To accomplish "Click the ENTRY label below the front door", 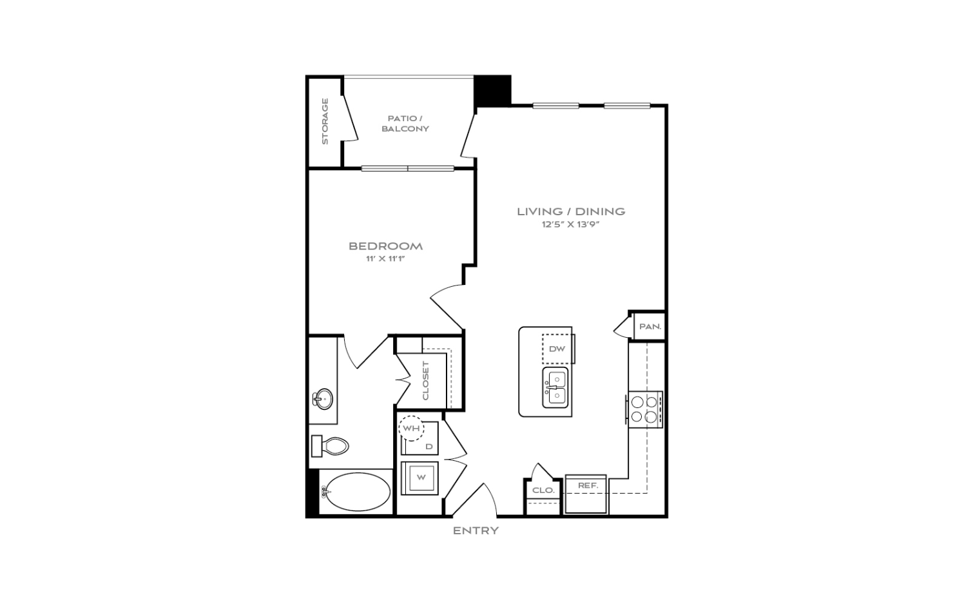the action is [x=476, y=530].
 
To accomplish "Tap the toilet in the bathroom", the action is [x=330, y=446].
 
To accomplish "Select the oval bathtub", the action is [x=358, y=492].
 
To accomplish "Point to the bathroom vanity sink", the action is [x=322, y=398].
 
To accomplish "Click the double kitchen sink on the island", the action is [x=555, y=387].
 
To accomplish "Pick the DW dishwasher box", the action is [x=557, y=349].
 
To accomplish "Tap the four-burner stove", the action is [x=644, y=409].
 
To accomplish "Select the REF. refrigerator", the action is [x=586, y=494].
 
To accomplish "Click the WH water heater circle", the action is [x=411, y=429].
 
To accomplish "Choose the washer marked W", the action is [x=419, y=478].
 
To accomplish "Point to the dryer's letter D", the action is [x=429, y=446].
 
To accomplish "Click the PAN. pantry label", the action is [x=650, y=326].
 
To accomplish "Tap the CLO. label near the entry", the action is [x=543, y=490].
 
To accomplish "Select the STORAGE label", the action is [x=325, y=121].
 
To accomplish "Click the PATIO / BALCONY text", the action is [x=405, y=123].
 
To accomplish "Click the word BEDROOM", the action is [x=386, y=246].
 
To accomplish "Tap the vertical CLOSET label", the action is [x=426, y=381].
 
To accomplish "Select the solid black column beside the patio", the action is [x=492, y=90].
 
